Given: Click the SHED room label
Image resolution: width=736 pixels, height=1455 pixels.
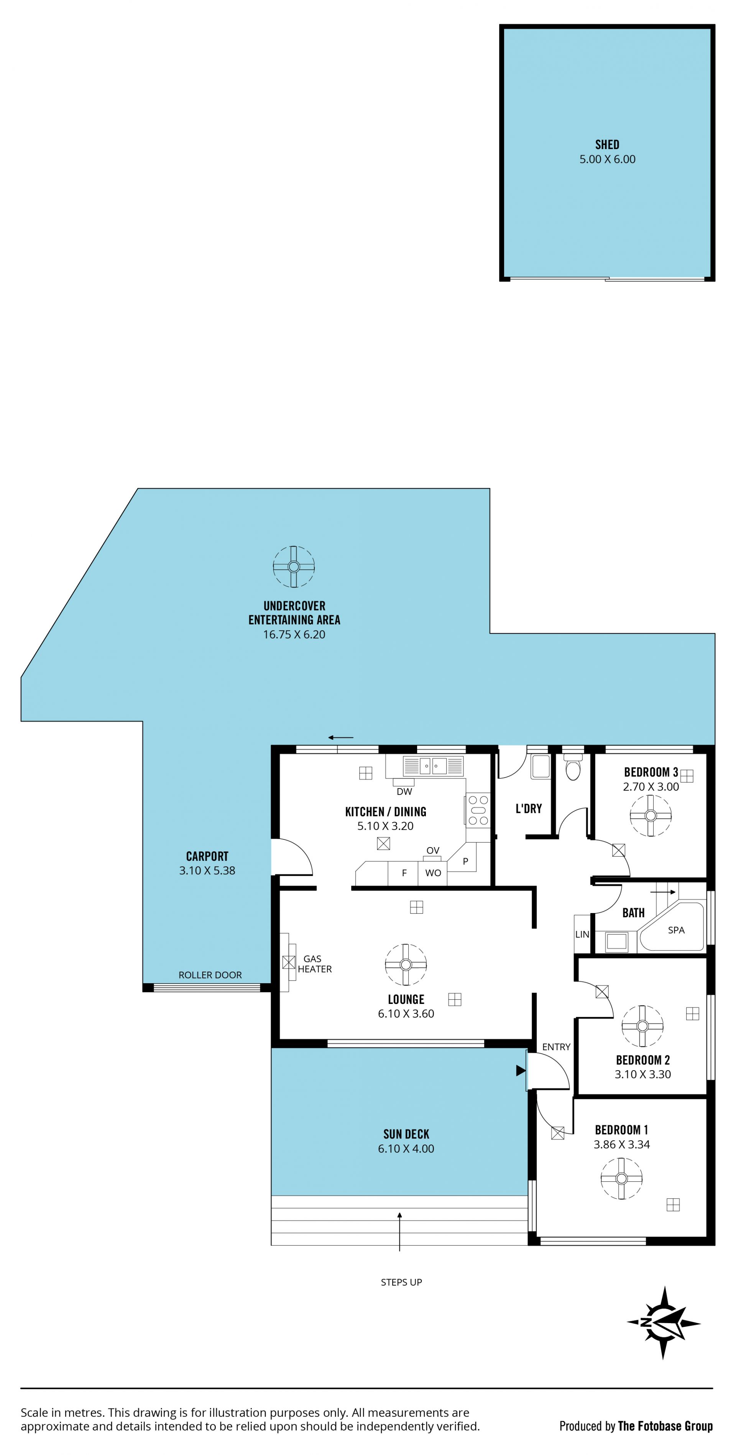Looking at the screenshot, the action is [607, 145].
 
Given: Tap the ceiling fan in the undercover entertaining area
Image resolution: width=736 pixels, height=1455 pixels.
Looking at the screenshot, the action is [294, 567].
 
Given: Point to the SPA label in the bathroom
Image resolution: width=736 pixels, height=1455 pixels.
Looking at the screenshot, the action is [676, 930].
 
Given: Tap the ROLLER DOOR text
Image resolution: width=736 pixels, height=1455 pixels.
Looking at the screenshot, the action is [210, 975].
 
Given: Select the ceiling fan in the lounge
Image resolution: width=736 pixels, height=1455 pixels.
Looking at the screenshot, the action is [406, 964].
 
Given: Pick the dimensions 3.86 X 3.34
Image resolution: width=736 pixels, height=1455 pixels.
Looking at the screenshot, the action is [621, 1145].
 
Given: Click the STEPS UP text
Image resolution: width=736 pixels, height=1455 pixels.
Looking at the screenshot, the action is [401, 1282].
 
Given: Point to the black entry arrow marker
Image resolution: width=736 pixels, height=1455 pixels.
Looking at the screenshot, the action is [520, 1070].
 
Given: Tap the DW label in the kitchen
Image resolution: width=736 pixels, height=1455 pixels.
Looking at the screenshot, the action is [404, 792].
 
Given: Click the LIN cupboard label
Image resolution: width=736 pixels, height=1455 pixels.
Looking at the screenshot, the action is [582, 934].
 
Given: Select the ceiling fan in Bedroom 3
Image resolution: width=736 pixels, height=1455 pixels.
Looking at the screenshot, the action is [650, 816].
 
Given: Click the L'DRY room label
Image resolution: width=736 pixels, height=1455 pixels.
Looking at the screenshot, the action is [529, 809].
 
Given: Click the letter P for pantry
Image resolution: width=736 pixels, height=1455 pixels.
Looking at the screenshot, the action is [465, 861].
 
